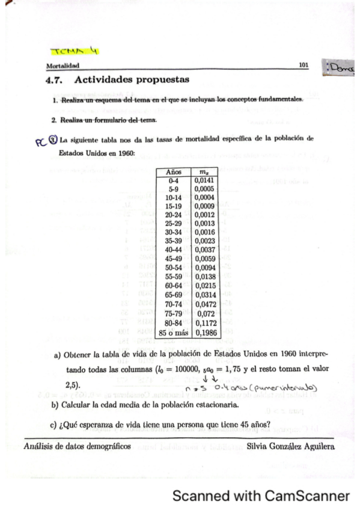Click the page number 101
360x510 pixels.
[304, 64]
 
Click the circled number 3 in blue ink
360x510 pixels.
[53, 141]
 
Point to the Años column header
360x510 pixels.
[172, 171]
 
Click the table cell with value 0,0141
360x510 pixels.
[204, 179]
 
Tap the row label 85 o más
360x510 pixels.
[172, 333]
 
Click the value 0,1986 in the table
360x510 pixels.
[204, 333]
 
